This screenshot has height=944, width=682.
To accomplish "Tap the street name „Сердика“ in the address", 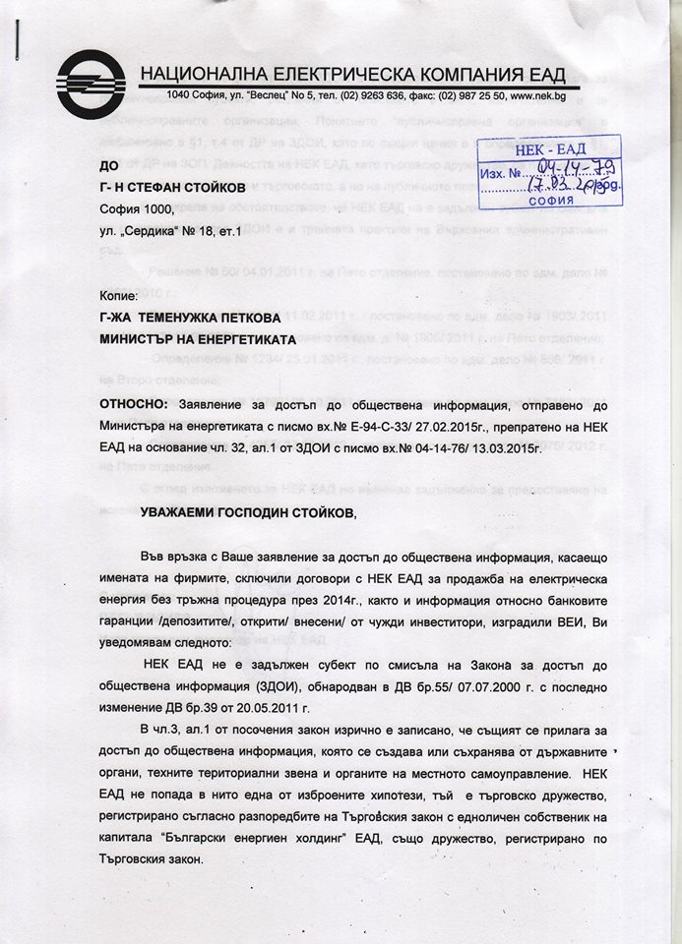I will pyautogui.click(x=162, y=230).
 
